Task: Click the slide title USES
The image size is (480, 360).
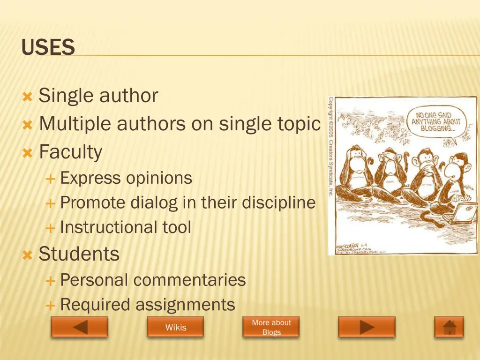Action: [48, 47]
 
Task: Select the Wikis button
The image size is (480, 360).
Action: [175, 327]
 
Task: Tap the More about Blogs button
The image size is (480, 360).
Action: [271, 327]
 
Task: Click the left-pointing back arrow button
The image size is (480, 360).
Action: [79, 327]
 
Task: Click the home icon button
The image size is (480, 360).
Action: [449, 327]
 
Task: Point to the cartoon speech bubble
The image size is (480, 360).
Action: [436, 120]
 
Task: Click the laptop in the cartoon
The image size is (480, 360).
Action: [464, 214]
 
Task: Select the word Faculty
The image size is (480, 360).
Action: [70, 152]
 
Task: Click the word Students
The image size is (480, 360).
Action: [79, 254]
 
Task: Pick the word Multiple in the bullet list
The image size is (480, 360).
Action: [75, 124]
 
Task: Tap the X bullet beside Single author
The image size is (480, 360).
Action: [27, 97]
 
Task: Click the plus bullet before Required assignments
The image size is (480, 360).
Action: [50, 306]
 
